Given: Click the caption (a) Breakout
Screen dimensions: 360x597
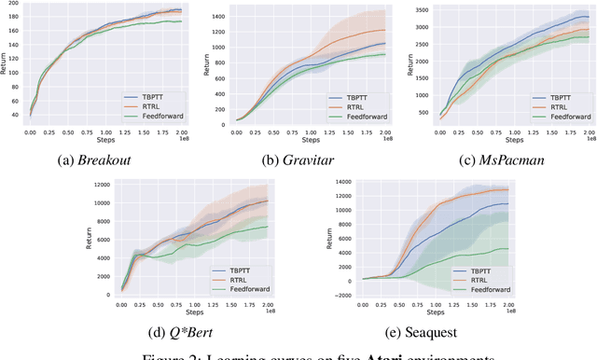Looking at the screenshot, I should click(x=106, y=159).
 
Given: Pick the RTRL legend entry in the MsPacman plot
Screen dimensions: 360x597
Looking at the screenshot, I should click(x=556, y=107).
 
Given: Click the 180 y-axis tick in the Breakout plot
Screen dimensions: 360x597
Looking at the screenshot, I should click(x=21, y=15).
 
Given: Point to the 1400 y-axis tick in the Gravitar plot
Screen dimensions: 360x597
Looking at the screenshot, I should click(x=218, y=18).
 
